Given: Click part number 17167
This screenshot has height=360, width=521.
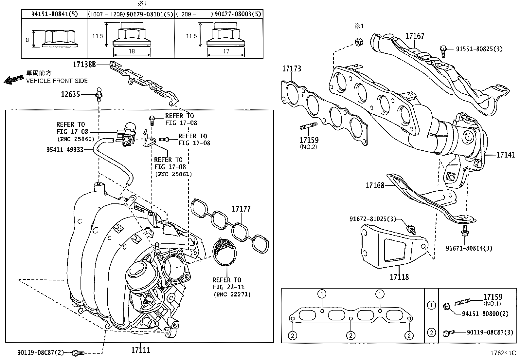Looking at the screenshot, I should click(415, 36).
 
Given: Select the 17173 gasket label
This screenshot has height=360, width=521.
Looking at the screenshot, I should click(292, 69).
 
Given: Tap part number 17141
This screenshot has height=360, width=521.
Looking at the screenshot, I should click(506, 155).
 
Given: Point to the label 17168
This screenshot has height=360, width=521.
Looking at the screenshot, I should click(375, 185).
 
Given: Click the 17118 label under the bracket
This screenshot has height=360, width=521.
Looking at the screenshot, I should click(399, 277).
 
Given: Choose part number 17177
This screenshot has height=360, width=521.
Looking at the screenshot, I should click(241, 209).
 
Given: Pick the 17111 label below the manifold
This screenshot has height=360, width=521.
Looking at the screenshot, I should click(141, 350).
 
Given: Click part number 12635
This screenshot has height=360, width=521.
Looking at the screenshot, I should click(70, 95).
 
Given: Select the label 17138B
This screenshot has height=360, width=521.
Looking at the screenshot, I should click(84, 65).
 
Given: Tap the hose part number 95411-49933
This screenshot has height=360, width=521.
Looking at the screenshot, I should click(65, 150).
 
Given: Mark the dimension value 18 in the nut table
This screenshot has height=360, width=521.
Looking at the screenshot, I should click(132, 51).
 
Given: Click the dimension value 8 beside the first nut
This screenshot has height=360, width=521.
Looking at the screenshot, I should click(27, 40).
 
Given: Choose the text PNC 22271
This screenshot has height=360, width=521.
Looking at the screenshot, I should click(232, 294).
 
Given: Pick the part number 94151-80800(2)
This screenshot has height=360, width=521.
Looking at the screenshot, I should click(485, 314).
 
